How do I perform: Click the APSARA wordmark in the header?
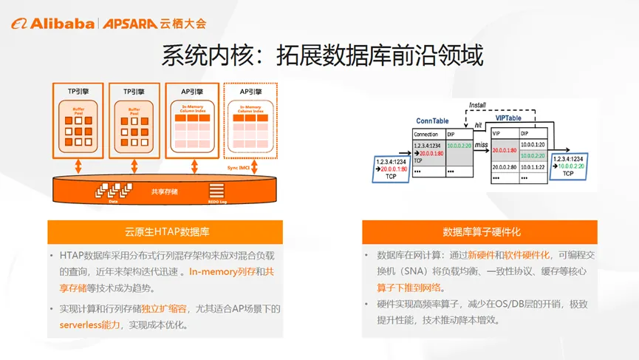129,23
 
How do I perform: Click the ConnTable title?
433,120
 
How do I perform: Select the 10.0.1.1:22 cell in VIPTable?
533,167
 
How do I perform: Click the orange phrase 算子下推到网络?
410,288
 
